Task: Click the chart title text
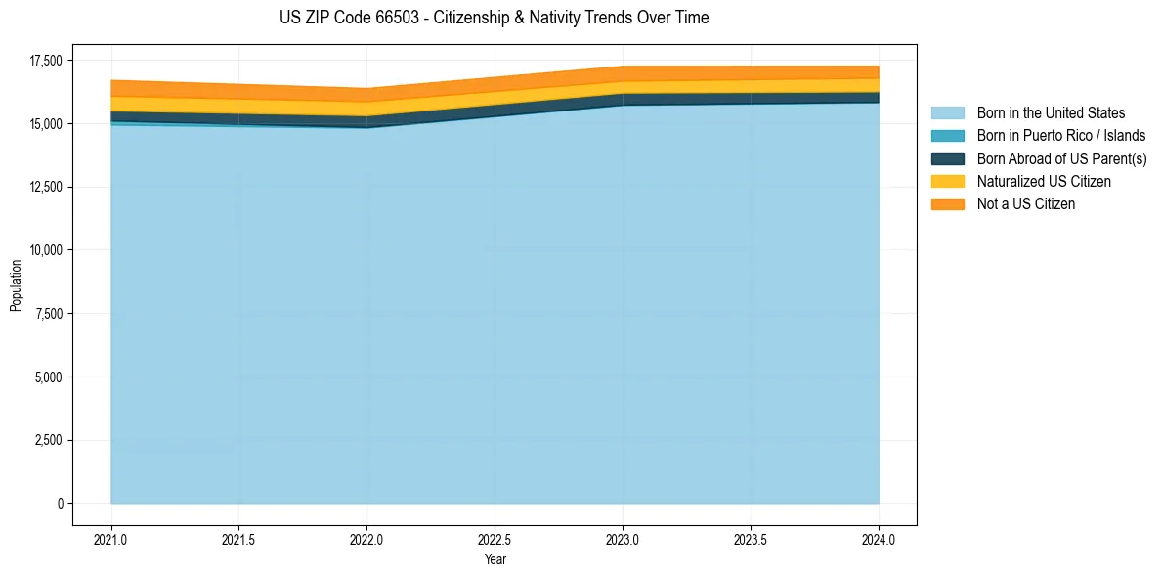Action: (x=494, y=18)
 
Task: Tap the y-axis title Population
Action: (x=16, y=286)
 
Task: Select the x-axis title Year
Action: (x=495, y=559)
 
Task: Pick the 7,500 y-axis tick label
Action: (x=46, y=314)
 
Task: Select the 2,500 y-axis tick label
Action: (x=46, y=440)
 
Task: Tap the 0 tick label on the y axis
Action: (x=60, y=504)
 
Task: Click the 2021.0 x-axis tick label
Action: (x=111, y=539)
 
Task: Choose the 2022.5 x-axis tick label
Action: (x=495, y=539)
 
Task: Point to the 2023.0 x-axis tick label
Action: (x=624, y=539)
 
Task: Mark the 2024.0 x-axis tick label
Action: (x=879, y=539)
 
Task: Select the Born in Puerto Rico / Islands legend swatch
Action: (x=947, y=136)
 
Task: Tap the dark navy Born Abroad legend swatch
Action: (x=947, y=158)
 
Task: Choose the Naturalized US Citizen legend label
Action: (x=1044, y=182)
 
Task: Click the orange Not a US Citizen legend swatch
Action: (x=947, y=204)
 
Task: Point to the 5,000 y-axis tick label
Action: (x=46, y=377)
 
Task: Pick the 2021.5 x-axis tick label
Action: (x=239, y=539)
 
